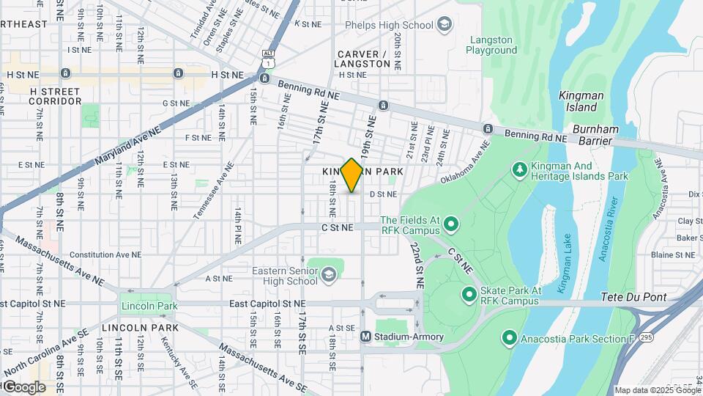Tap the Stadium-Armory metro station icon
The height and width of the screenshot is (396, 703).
[x=367, y=337]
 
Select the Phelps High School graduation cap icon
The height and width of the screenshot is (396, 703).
[x=444, y=26]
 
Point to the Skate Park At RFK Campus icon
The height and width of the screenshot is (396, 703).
[x=469, y=295]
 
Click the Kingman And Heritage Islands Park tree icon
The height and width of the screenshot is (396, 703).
[x=520, y=170]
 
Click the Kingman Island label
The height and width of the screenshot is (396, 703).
[x=579, y=100]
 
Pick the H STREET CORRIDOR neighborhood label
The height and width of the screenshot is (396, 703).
[x=56, y=95]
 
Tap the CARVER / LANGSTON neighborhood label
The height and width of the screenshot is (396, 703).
[x=363, y=59]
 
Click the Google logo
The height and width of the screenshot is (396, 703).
[x=23, y=386]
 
